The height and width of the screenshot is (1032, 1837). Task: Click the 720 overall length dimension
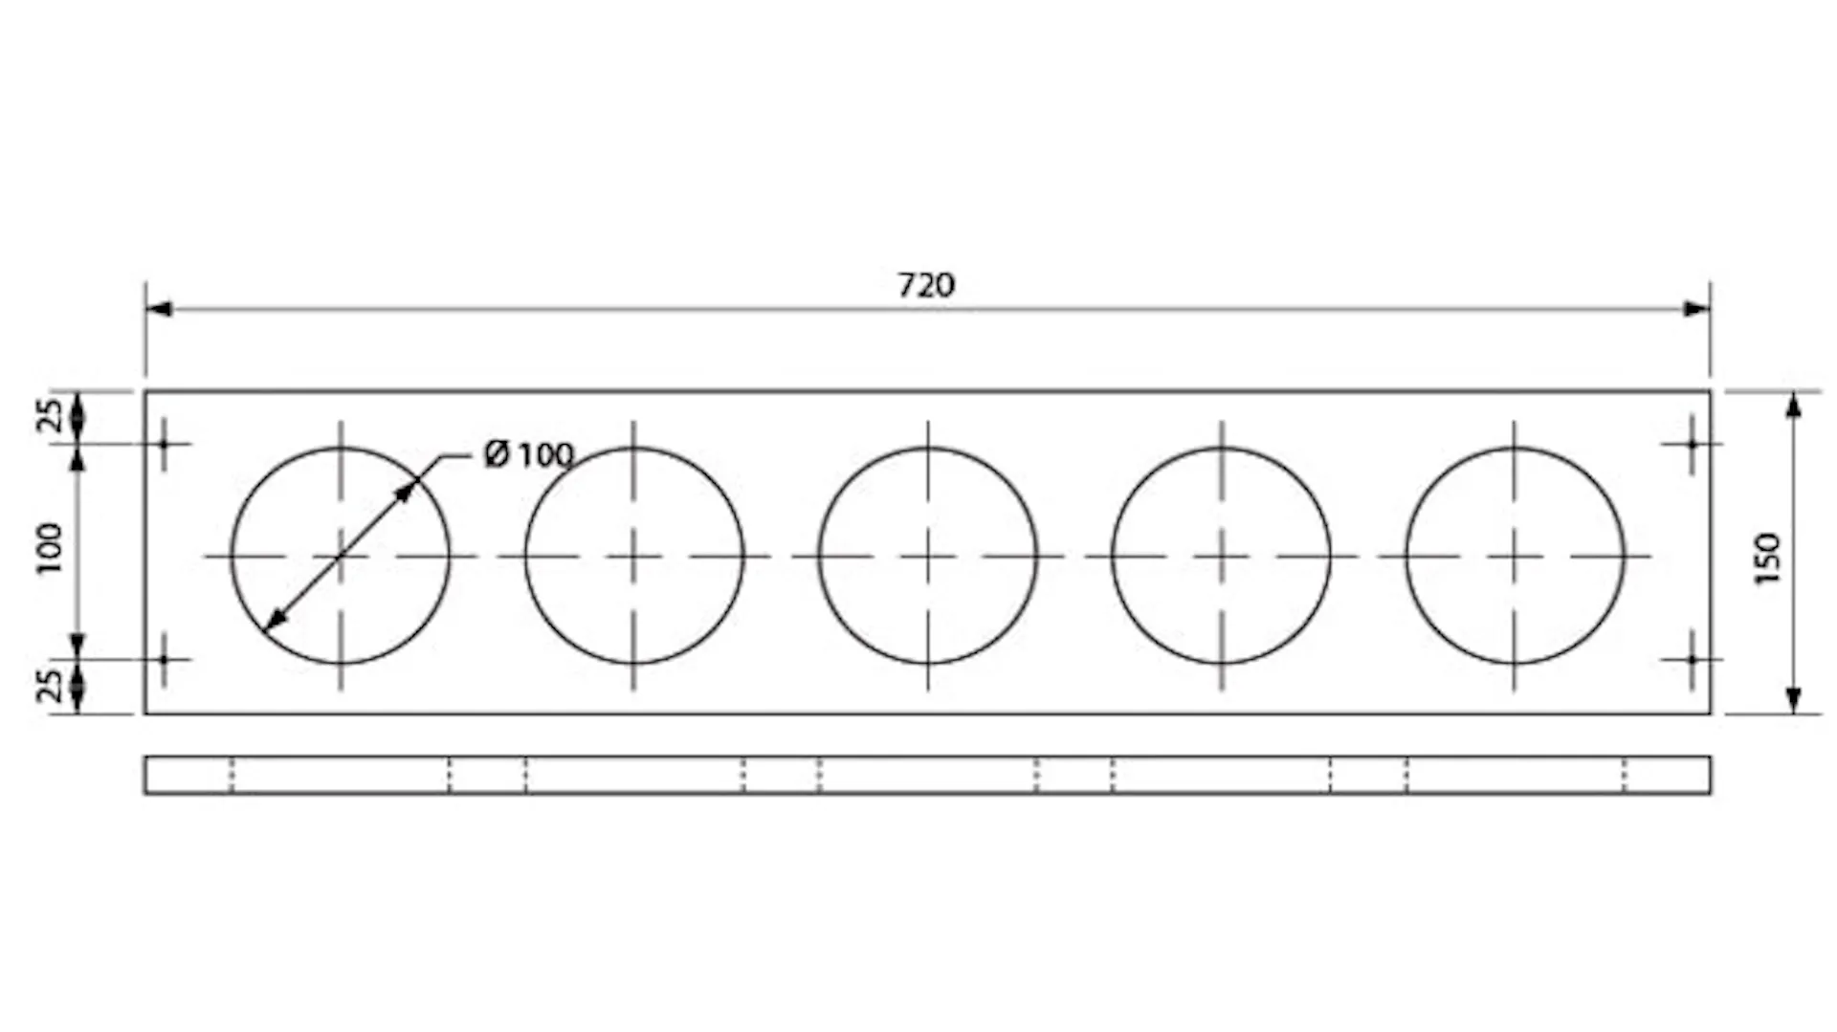(x=926, y=285)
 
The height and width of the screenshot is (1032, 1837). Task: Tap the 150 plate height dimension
(x=1768, y=559)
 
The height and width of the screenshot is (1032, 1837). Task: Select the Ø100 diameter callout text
(x=529, y=454)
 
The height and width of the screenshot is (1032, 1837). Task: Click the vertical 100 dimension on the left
(x=49, y=548)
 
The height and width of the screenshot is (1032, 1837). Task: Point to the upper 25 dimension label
(x=50, y=415)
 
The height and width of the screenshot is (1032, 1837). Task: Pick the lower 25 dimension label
(x=50, y=686)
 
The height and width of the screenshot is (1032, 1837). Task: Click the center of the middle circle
(x=927, y=556)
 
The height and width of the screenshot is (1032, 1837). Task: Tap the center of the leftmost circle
(x=341, y=556)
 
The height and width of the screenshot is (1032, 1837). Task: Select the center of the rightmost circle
(x=1515, y=556)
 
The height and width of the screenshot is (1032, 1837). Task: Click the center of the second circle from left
(x=633, y=556)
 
